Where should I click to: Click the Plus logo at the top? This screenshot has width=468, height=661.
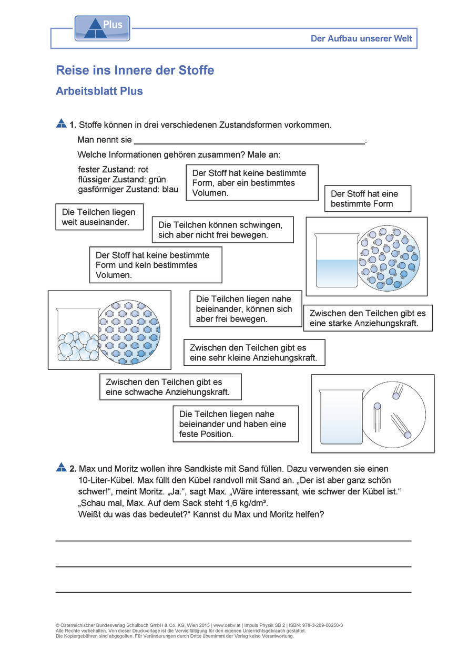102,28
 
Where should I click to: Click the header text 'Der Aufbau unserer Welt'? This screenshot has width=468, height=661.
361,38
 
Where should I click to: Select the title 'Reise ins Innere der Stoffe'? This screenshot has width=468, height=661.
135,70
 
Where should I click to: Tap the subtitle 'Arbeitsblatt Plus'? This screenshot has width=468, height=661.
99,91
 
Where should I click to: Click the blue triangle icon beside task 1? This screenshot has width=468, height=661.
61,124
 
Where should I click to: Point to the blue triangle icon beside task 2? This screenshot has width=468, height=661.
61,467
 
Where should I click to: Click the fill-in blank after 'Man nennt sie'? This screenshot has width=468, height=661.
249,141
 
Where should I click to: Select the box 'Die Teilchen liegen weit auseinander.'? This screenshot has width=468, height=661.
99,217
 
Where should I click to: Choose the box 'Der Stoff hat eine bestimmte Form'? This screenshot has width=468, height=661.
368,199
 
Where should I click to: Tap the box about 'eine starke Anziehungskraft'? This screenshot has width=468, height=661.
368,318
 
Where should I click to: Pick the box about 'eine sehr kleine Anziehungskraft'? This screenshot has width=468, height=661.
254,353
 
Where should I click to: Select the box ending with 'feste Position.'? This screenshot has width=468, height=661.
236,424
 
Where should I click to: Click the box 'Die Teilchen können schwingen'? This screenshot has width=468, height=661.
222,230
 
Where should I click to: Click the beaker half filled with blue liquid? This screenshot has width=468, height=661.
335,262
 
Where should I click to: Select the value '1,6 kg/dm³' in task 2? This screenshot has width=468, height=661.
248,503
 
